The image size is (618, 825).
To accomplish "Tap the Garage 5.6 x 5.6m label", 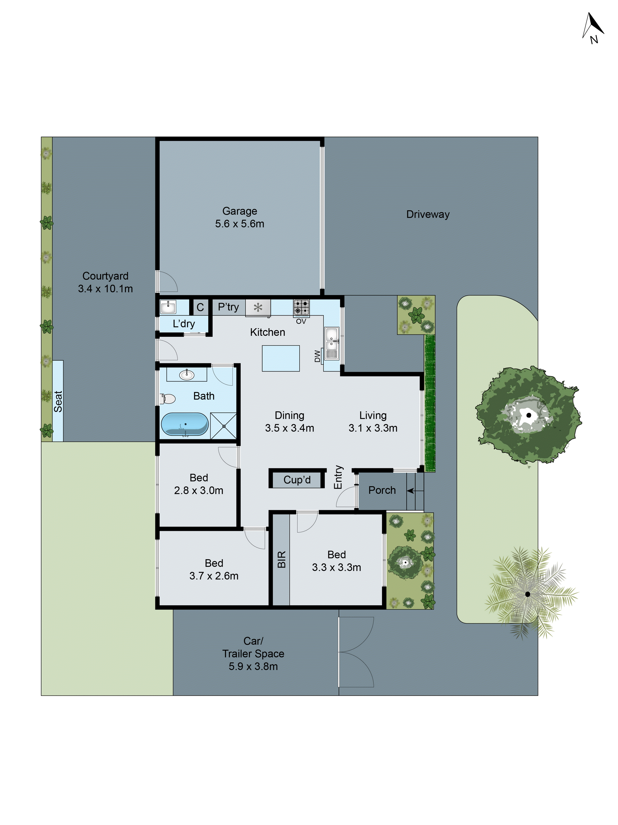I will (x=240, y=218).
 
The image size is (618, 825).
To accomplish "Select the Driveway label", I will (x=428, y=214).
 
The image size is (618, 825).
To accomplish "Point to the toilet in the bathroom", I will (x=168, y=399).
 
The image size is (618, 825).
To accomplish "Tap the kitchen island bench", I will (x=281, y=358).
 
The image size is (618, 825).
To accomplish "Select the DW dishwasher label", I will (x=317, y=356).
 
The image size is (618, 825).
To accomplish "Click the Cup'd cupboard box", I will (x=297, y=480).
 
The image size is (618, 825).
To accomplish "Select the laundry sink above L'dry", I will (x=168, y=307).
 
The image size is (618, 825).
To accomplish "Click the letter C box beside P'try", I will (x=200, y=307).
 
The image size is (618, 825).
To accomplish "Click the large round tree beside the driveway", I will (x=528, y=415).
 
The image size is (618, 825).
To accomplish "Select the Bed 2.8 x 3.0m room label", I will (x=199, y=484).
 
